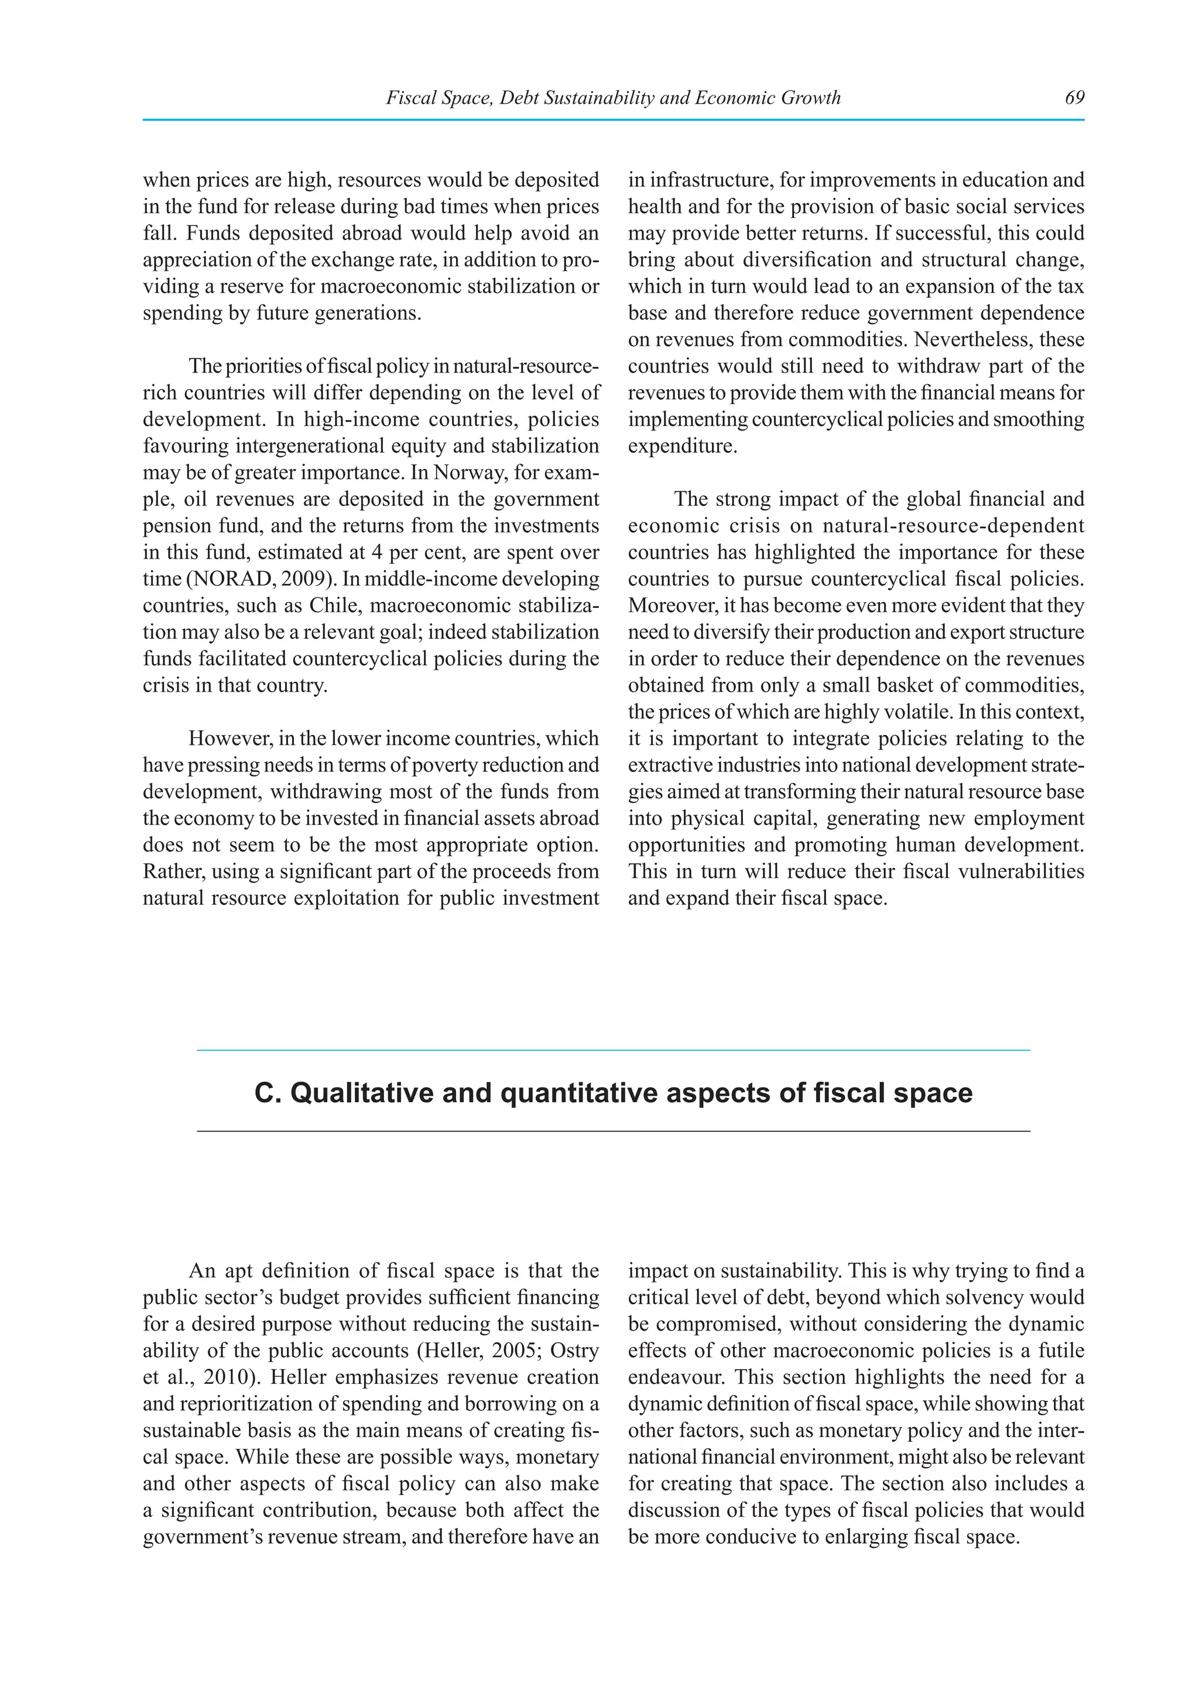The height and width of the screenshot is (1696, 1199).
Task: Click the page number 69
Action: pyautogui.click(x=1074, y=97)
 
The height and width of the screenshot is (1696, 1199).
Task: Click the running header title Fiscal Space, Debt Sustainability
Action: pyautogui.click(x=613, y=97)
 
